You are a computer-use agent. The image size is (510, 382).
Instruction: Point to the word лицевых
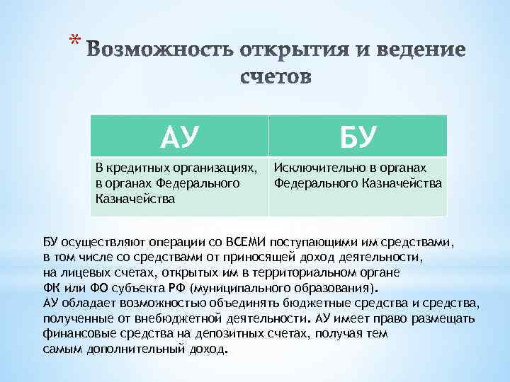[x=83, y=272]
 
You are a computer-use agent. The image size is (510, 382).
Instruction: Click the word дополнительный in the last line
[x=128, y=349]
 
